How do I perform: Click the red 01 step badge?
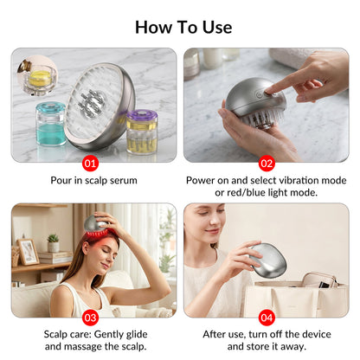90,164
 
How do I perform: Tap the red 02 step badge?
267,164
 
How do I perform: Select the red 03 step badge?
90,318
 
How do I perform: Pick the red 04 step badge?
267,318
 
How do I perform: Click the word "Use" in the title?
217,28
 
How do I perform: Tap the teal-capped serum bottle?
51,124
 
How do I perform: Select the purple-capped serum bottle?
142,132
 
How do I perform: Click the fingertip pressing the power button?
269,92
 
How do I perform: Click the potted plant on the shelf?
54,243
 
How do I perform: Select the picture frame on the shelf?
29,252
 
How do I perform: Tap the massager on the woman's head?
96,225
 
